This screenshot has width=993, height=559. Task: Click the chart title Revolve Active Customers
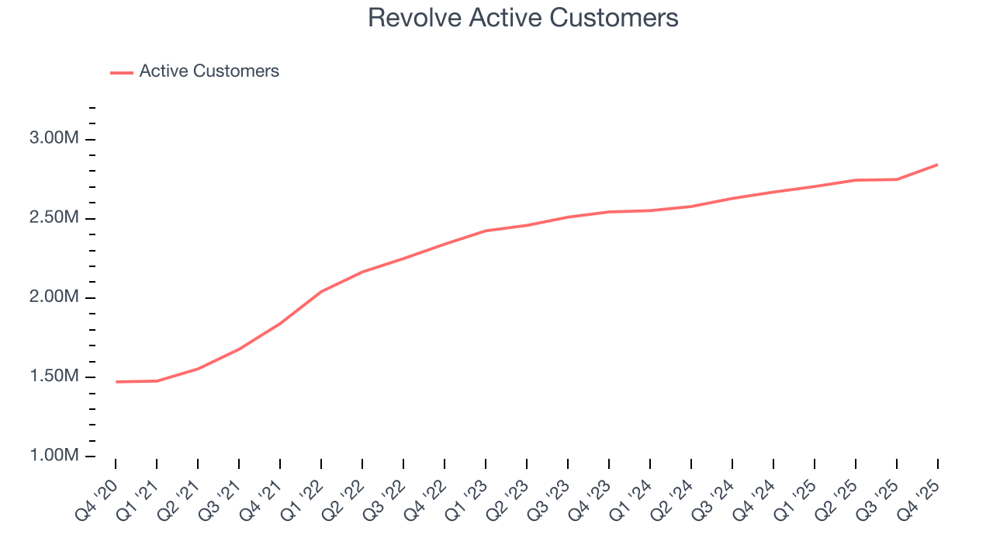(523, 18)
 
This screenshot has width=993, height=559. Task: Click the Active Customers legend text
(209, 71)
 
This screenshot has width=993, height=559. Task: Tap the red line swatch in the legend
(122, 72)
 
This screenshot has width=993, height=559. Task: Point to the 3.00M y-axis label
(54, 139)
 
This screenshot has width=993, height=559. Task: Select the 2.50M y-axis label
(54, 218)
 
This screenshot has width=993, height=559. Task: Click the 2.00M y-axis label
(54, 297)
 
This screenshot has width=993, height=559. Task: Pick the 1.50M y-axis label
(54, 377)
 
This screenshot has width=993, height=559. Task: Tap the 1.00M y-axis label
(54, 456)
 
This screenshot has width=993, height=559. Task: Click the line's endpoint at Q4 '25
(937, 165)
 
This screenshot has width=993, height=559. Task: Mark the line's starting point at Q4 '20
(116, 382)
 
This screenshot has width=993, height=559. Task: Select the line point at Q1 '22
(321, 292)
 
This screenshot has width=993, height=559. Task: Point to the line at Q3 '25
(896, 179)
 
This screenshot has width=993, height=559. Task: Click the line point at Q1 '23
(486, 231)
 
